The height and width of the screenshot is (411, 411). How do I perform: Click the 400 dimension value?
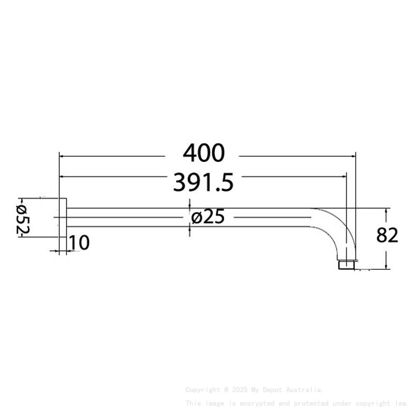204,153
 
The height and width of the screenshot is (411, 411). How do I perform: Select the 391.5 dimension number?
204,182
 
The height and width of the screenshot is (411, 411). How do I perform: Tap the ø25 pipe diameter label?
207,218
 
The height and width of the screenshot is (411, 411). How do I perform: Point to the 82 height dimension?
387,235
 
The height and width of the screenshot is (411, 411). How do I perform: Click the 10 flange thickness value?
79,243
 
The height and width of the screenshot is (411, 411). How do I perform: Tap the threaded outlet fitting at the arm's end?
347,264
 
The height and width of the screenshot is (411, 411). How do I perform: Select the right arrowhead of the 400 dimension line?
352,156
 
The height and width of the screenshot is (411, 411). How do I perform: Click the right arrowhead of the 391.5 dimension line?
344,176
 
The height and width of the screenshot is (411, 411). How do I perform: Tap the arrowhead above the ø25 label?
189,205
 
